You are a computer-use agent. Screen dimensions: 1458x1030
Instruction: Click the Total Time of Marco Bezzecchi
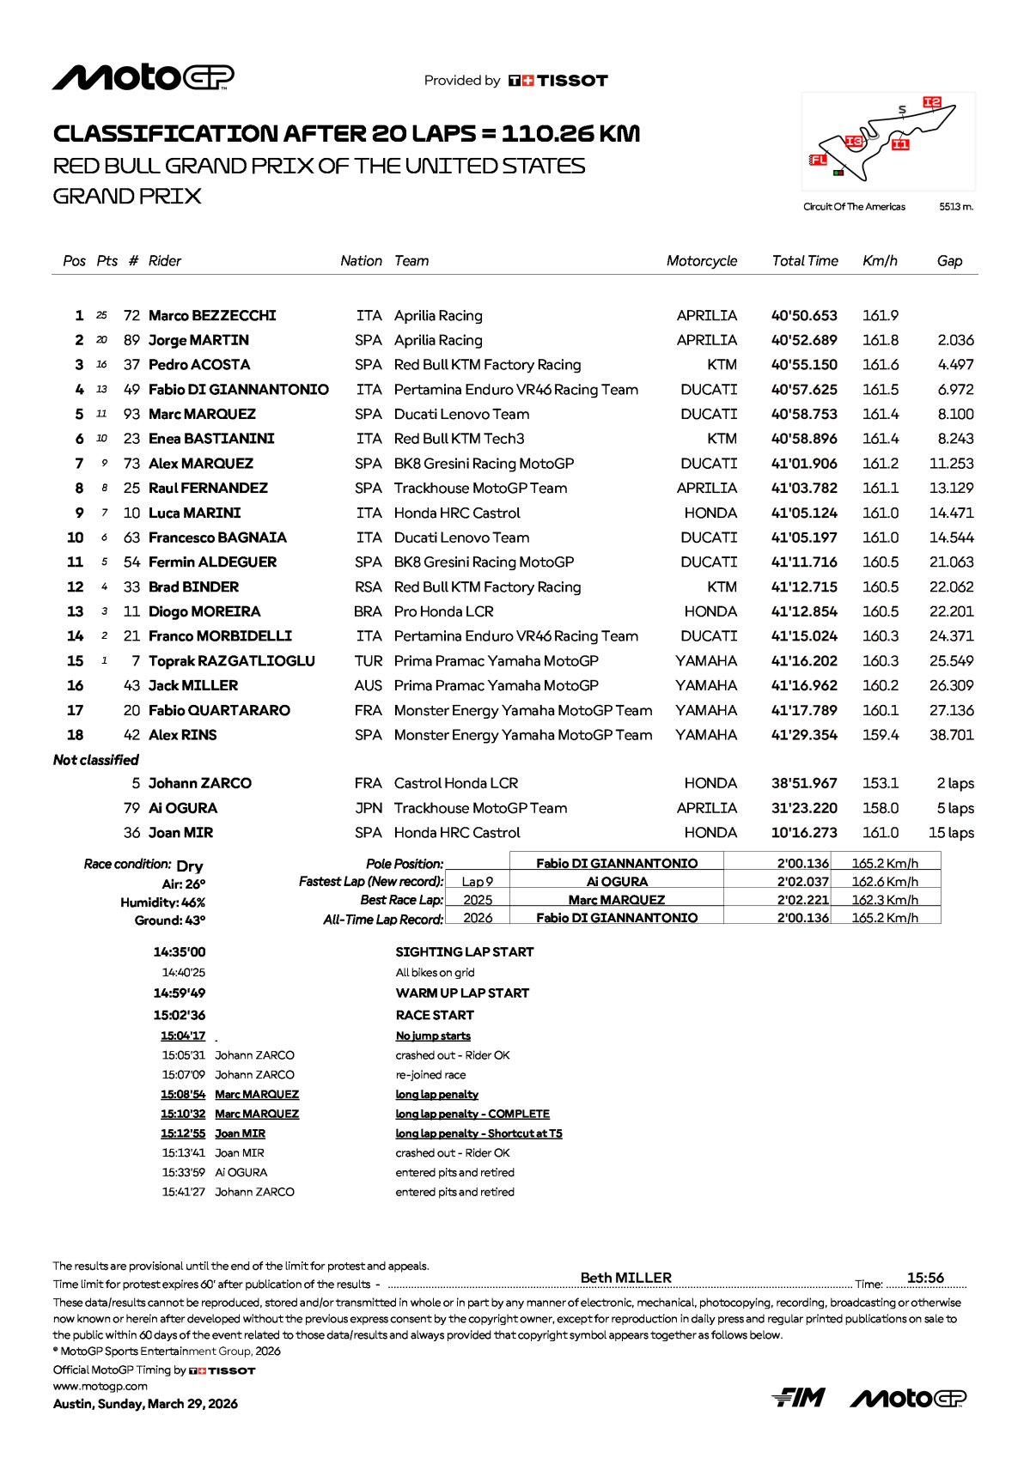click(804, 316)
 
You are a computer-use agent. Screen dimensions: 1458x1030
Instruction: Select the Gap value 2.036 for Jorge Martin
click(955, 340)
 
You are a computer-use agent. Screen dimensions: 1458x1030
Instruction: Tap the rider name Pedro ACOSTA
click(199, 365)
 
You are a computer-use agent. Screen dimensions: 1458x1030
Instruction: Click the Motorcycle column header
click(701, 261)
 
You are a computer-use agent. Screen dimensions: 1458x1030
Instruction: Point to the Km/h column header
click(880, 261)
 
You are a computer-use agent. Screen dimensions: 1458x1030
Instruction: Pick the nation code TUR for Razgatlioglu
click(368, 661)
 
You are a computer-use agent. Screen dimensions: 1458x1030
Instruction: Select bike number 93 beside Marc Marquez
click(131, 414)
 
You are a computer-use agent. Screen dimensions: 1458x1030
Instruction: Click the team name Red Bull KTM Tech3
click(459, 439)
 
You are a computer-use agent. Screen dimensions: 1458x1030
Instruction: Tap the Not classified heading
click(95, 760)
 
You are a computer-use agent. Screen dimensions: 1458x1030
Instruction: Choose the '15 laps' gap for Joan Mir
click(951, 833)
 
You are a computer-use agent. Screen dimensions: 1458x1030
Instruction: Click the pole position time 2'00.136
click(803, 863)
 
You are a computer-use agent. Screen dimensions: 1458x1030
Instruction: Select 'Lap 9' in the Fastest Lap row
click(478, 881)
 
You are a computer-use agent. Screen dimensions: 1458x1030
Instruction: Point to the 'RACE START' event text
click(435, 1015)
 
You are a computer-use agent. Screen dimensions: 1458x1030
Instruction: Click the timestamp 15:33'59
click(184, 1172)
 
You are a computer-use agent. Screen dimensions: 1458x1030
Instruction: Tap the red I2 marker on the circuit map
click(932, 102)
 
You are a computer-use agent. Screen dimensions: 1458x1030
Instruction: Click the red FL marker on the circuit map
click(819, 160)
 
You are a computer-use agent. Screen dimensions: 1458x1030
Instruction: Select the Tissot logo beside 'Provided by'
click(558, 81)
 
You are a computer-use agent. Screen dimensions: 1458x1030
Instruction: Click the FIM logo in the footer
click(798, 1398)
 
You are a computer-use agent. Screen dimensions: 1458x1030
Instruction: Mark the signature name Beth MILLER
click(625, 1278)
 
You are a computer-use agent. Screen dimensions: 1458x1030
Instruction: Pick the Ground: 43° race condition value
click(170, 920)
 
